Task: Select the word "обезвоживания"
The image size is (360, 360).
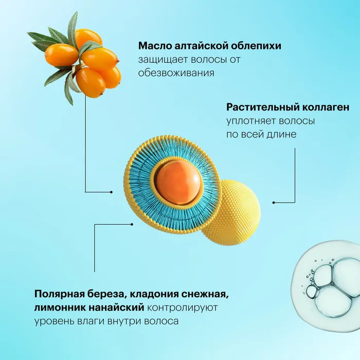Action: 176,73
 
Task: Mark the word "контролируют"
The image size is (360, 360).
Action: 182,308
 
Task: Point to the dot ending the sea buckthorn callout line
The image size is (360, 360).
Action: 112,192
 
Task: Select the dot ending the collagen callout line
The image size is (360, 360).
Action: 274,203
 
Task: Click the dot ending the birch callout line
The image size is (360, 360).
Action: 132,224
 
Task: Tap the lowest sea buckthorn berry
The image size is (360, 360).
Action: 91,82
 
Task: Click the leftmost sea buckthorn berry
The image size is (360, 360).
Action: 62,55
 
